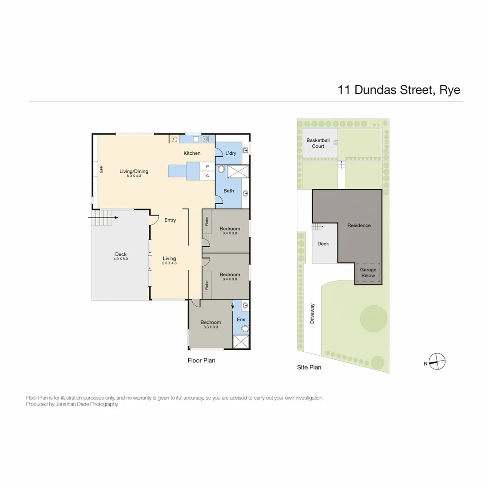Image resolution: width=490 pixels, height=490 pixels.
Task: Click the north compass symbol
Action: click(x=437, y=361)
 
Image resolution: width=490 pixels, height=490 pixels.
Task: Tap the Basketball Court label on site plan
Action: click(x=318, y=143)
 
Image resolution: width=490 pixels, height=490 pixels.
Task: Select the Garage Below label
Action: click(x=368, y=273)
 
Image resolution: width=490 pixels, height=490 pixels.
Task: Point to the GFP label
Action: click(x=102, y=169)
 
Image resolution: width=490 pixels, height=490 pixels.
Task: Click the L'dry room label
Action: click(x=231, y=153)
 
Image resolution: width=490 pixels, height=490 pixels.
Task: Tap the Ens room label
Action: click(x=241, y=319)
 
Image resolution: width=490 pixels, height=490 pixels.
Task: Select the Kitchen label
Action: click(x=192, y=153)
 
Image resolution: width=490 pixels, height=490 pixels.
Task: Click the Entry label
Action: click(x=170, y=220)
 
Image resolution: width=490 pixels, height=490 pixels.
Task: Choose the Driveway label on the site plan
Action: click(x=312, y=313)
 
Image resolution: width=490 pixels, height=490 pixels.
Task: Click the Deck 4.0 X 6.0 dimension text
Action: click(x=121, y=259)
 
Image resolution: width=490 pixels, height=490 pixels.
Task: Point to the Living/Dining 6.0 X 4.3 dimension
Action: click(x=134, y=176)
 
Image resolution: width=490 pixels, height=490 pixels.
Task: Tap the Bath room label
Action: click(x=229, y=191)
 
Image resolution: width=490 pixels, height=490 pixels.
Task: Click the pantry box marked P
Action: click(x=207, y=167)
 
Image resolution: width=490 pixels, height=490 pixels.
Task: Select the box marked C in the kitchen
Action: click(x=207, y=176)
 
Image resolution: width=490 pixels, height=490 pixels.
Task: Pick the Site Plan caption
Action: click(x=309, y=367)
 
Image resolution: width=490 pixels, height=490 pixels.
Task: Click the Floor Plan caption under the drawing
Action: click(x=201, y=361)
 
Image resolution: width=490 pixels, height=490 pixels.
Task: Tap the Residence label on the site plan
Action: click(x=359, y=225)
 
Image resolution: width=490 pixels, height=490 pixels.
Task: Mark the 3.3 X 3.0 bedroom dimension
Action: click(x=211, y=327)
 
